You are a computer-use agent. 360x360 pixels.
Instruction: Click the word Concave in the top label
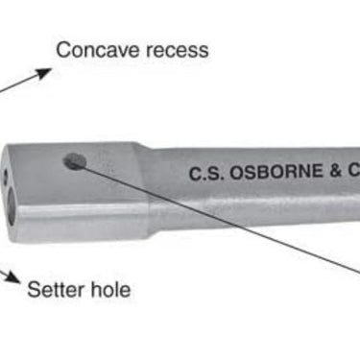pyautogui.click(x=93, y=48)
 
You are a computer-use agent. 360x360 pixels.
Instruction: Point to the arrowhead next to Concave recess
pyautogui.click(x=42, y=72)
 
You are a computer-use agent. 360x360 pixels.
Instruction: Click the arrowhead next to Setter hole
pyautogui.click(x=12, y=277)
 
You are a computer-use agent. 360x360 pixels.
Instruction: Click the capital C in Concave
pyautogui.click(x=63, y=48)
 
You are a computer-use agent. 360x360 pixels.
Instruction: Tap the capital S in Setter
pyautogui.click(x=33, y=287)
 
